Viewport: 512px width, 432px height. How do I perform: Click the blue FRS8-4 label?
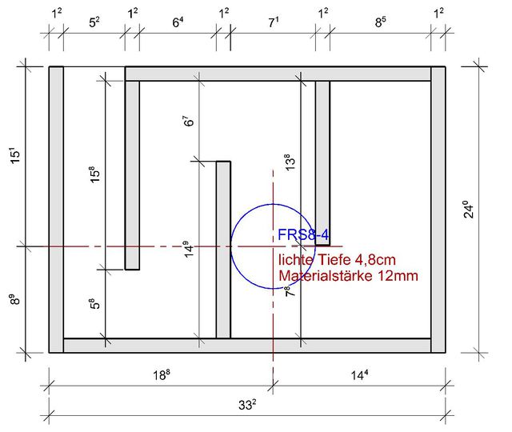[x=303, y=234]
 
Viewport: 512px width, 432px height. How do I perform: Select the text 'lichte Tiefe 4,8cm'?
[x=337, y=260]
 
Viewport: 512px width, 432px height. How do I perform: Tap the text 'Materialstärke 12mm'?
[x=349, y=276]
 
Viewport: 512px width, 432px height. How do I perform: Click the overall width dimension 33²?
[x=247, y=405]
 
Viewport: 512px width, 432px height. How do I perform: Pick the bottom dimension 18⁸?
[x=162, y=375]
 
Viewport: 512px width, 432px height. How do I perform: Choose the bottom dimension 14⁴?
[x=359, y=375]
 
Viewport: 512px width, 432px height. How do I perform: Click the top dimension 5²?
[x=94, y=22]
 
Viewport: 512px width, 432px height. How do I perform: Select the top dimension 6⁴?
[x=178, y=22]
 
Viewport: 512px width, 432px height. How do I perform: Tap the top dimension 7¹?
[x=274, y=22]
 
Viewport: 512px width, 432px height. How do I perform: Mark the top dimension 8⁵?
[x=381, y=22]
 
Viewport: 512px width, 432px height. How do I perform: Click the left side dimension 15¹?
[x=15, y=155]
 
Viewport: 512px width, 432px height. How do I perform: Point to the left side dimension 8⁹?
[x=14, y=299]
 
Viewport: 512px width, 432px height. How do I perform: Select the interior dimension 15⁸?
[x=94, y=174]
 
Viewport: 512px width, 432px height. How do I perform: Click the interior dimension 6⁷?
[x=188, y=121]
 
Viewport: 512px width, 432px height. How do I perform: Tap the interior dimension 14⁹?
[x=188, y=250]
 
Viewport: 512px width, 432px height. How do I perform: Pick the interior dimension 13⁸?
[x=290, y=162]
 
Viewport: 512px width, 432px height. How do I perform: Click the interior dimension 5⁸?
[x=94, y=303]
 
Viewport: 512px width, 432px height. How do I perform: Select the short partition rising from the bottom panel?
[x=223, y=250]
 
